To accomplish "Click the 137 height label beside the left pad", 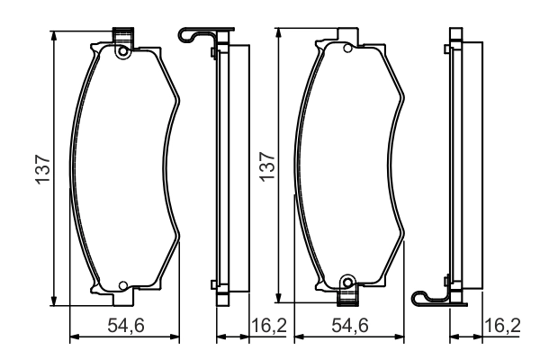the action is pyautogui.click(x=44, y=169).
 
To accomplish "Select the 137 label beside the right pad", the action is pyautogui.click(x=267, y=166).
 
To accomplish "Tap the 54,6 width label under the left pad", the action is pyautogui.click(x=125, y=326).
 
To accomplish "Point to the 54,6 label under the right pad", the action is pyautogui.click(x=350, y=326).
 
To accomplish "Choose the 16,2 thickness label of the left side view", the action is pyautogui.click(x=269, y=326).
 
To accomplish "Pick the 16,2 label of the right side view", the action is pyautogui.click(x=502, y=326).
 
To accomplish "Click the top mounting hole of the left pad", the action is pyautogui.click(x=122, y=51).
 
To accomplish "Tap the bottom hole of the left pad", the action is pyautogui.click(x=123, y=285).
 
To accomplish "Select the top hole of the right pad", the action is pyautogui.click(x=347, y=49).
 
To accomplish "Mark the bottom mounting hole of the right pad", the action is pyautogui.click(x=347, y=283).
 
